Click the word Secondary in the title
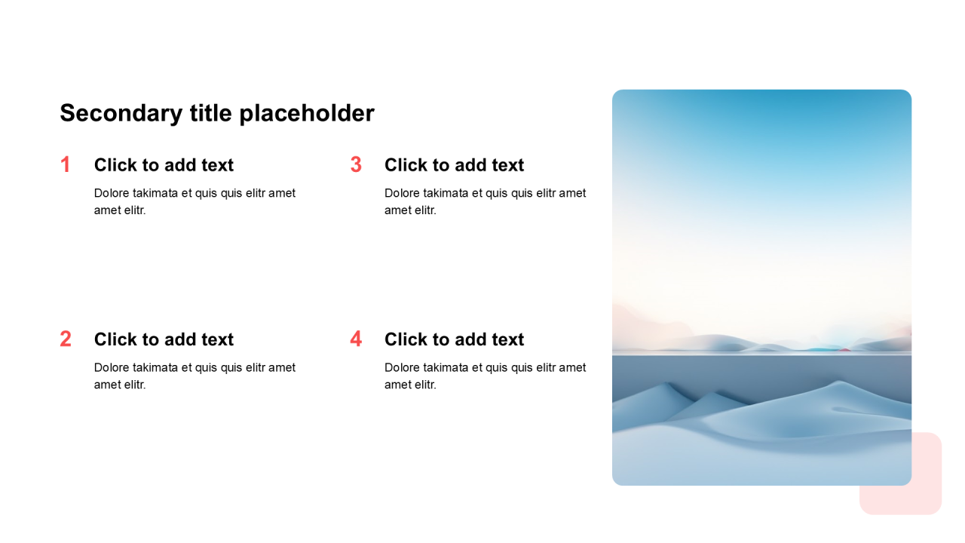coord(121,113)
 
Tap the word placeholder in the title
coord(307,113)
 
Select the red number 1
coord(66,164)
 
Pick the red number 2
coord(66,339)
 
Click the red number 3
coord(356,164)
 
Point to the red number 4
coord(356,339)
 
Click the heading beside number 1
coord(164,165)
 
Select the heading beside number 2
coord(164,339)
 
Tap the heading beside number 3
coord(454,165)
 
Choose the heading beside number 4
coord(454,339)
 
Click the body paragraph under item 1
coord(195,201)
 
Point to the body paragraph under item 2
coord(195,376)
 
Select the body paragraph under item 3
coord(485,201)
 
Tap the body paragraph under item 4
coord(485,376)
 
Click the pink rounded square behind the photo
coord(927,495)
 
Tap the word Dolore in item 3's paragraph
coord(402,193)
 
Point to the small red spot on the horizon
coord(844,350)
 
